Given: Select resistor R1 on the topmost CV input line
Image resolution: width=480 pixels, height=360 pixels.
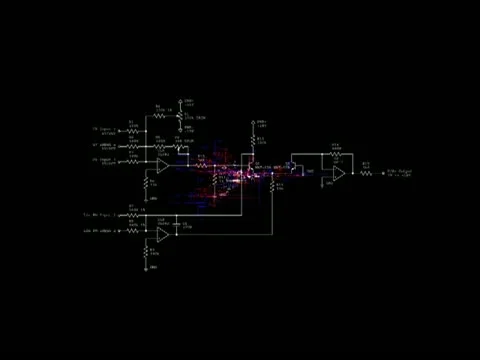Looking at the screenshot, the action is (133, 130).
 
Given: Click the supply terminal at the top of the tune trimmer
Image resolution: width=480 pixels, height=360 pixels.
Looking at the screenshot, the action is (180, 101).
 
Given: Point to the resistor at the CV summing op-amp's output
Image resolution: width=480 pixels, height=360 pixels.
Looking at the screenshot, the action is (200, 163).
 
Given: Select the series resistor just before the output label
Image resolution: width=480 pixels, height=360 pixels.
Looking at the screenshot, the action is (366, 172).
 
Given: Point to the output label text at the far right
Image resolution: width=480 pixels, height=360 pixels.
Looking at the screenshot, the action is (400, 172).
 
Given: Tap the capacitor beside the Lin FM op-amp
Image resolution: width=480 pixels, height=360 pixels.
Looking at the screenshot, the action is (180, 223).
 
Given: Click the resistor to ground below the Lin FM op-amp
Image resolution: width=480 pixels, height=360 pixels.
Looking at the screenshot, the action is (146, 256).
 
